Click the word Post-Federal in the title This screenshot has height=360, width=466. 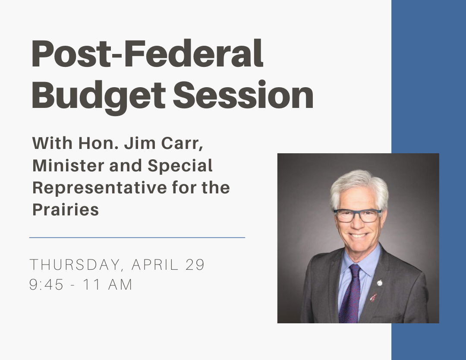click(148, 54)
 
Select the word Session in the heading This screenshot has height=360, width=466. click(243, 95)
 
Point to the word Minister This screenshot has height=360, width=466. click(68, 165)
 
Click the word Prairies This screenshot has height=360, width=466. click(66, 210)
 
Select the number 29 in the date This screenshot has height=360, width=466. click(195, 264)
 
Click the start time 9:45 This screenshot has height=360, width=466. click(46, 284)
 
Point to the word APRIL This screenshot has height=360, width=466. click(155, 264)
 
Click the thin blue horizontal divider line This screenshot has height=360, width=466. click(137, 237)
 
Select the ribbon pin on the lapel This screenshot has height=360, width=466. click(373, 297)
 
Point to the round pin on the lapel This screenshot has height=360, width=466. click(380, 283)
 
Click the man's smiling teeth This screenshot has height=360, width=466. click(358, 235)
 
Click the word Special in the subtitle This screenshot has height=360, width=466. click(180, 166)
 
